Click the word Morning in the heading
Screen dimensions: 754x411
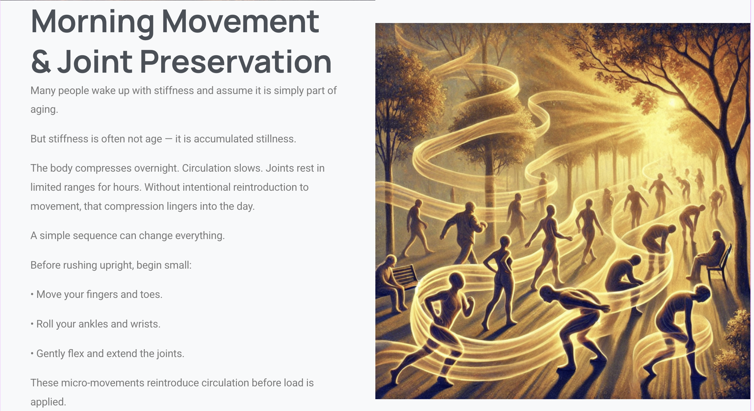[x=92, y=22]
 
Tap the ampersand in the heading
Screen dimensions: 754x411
[x=41, y=61]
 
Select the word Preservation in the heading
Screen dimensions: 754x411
[x=236, y=61]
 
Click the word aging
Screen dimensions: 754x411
[x=44, y=109]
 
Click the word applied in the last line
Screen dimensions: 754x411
[x=48, y=402]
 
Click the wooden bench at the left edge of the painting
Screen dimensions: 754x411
[x=404, y=278]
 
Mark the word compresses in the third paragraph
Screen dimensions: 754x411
[x=103, y=168]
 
